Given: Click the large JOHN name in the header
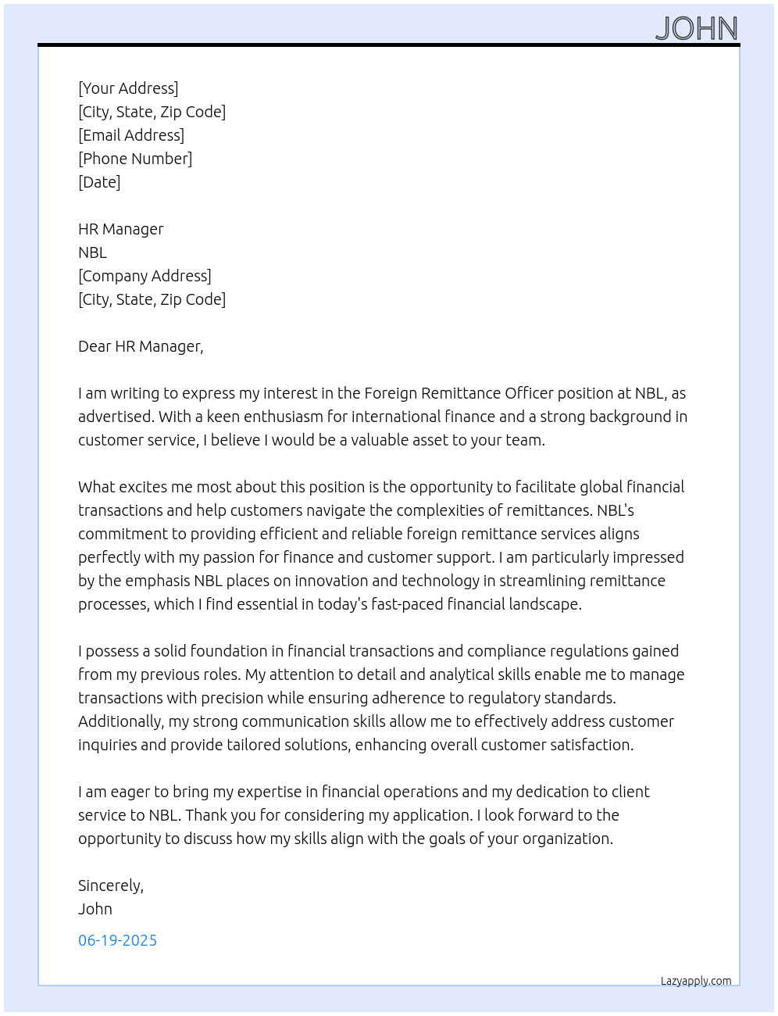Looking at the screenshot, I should pos(697,29).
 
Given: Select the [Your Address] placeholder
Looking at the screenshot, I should pos(128,88).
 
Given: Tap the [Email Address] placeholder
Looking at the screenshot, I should pos(131,135).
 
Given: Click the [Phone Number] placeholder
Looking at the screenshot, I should pos(135,159).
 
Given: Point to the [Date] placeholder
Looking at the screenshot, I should pos(99,182).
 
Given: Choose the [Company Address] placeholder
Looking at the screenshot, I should pos(145,276).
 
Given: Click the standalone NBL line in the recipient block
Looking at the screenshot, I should pos(92,252).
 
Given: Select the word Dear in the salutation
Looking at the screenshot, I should pos(95,346).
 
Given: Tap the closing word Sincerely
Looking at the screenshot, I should pos(110,885).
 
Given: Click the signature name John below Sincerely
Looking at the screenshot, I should pos(95,909).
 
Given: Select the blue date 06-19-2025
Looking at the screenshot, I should pos(117,940).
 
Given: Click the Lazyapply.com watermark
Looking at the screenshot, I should pos(696,981).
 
